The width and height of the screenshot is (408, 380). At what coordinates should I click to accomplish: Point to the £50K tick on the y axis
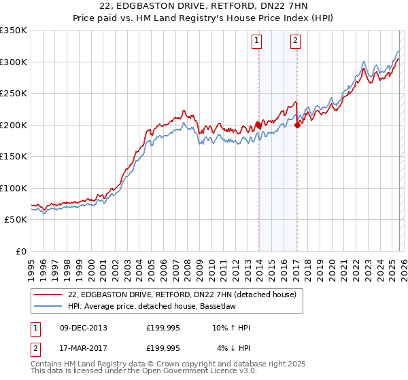tap(14, 220)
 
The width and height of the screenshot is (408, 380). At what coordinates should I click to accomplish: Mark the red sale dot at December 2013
tap(258, 125)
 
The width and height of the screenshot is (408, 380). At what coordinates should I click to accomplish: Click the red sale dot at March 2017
tap(297, 125)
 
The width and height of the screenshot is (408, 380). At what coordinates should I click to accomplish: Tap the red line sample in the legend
tap(48, 295)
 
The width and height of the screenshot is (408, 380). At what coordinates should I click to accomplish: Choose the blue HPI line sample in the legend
tap(48, 307)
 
